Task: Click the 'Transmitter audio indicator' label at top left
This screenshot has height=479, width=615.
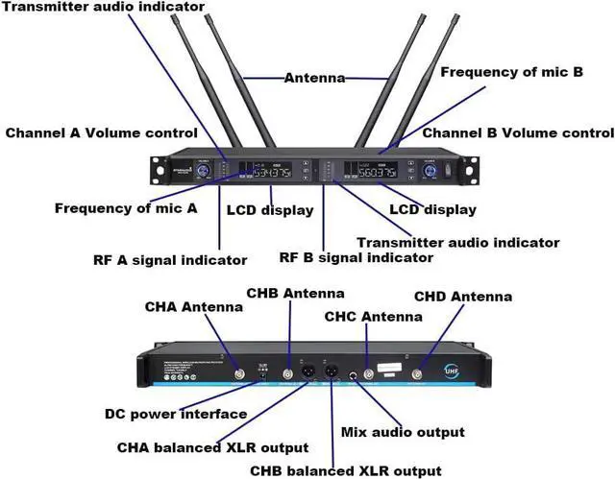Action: [x=103, y=7]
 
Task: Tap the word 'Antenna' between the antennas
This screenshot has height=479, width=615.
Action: [x=314, y=78]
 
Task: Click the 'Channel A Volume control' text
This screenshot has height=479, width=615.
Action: [x=102, y=133]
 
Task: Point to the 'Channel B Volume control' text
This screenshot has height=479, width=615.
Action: [x=518, y=133]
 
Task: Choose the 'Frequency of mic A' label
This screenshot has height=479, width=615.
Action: [x=126, y=207]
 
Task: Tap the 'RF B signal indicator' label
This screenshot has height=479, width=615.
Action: [x=356, y=257]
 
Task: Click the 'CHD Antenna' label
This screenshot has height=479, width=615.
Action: [x=462, y=297]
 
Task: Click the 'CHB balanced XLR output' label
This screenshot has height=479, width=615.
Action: [x=346, y=470]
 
